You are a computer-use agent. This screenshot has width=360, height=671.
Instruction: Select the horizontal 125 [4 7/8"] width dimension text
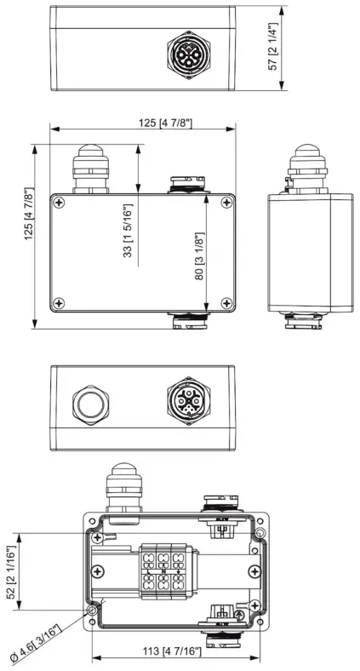tap(165, 123)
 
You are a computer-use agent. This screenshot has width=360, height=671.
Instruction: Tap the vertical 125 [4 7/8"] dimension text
tap(29, 214)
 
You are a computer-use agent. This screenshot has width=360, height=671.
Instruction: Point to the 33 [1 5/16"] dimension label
tap(128, 230)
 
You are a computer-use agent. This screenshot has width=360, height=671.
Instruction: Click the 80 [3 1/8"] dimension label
tap(200, 256)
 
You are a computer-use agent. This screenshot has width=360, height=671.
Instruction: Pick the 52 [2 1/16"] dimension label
tap(11, 572)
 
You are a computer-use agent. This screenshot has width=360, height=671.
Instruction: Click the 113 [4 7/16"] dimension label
tap(171, 651)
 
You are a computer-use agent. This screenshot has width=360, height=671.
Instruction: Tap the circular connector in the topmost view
tap(189, 54)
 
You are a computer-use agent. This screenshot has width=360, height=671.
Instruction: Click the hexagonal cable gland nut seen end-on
tap(90, 404)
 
